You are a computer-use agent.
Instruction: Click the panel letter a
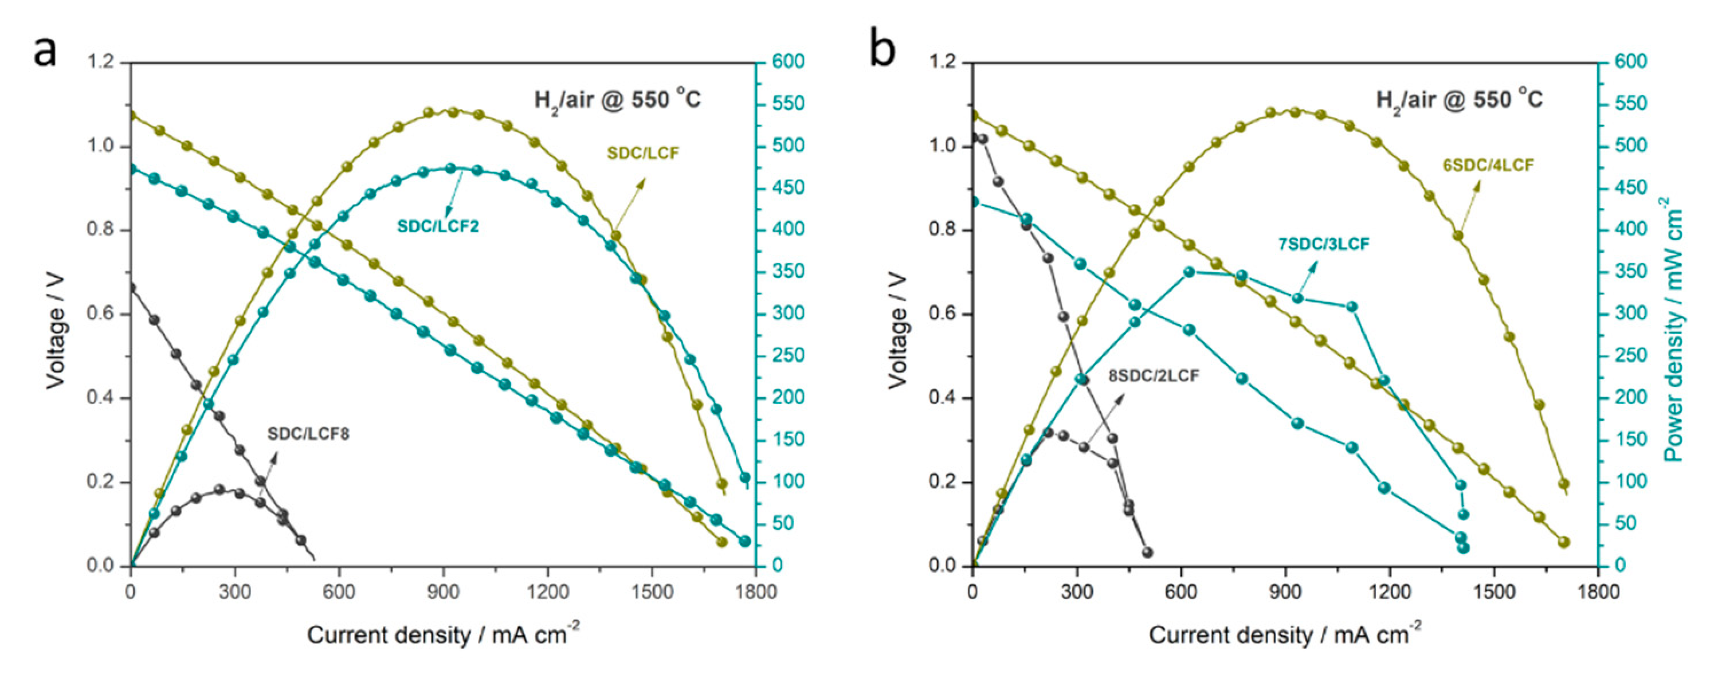45,50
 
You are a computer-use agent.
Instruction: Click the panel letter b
883,50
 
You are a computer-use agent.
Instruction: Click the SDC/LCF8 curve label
308,434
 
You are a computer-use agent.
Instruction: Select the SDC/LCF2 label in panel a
438,226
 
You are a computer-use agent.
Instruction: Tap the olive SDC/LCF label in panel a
643,153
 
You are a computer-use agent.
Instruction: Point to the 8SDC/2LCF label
1153,376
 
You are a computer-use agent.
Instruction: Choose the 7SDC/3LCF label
1323,244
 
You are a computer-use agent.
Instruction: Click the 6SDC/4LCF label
1488,165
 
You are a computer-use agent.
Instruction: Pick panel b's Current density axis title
1284,635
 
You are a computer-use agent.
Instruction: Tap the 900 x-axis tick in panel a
443,591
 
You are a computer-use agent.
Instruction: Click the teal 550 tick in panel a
788,104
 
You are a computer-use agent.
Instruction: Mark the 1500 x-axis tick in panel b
1494,591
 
